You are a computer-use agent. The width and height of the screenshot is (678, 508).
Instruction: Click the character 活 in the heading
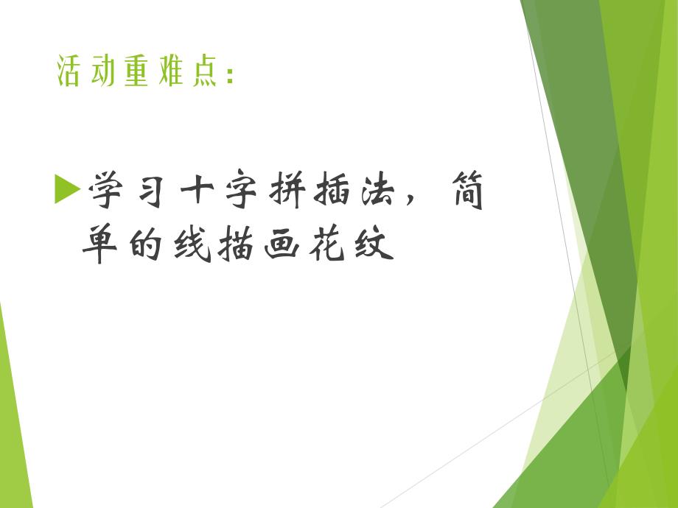click(x=69, y=72)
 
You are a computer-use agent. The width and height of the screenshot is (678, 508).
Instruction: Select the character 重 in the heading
click(x=136, y=72)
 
